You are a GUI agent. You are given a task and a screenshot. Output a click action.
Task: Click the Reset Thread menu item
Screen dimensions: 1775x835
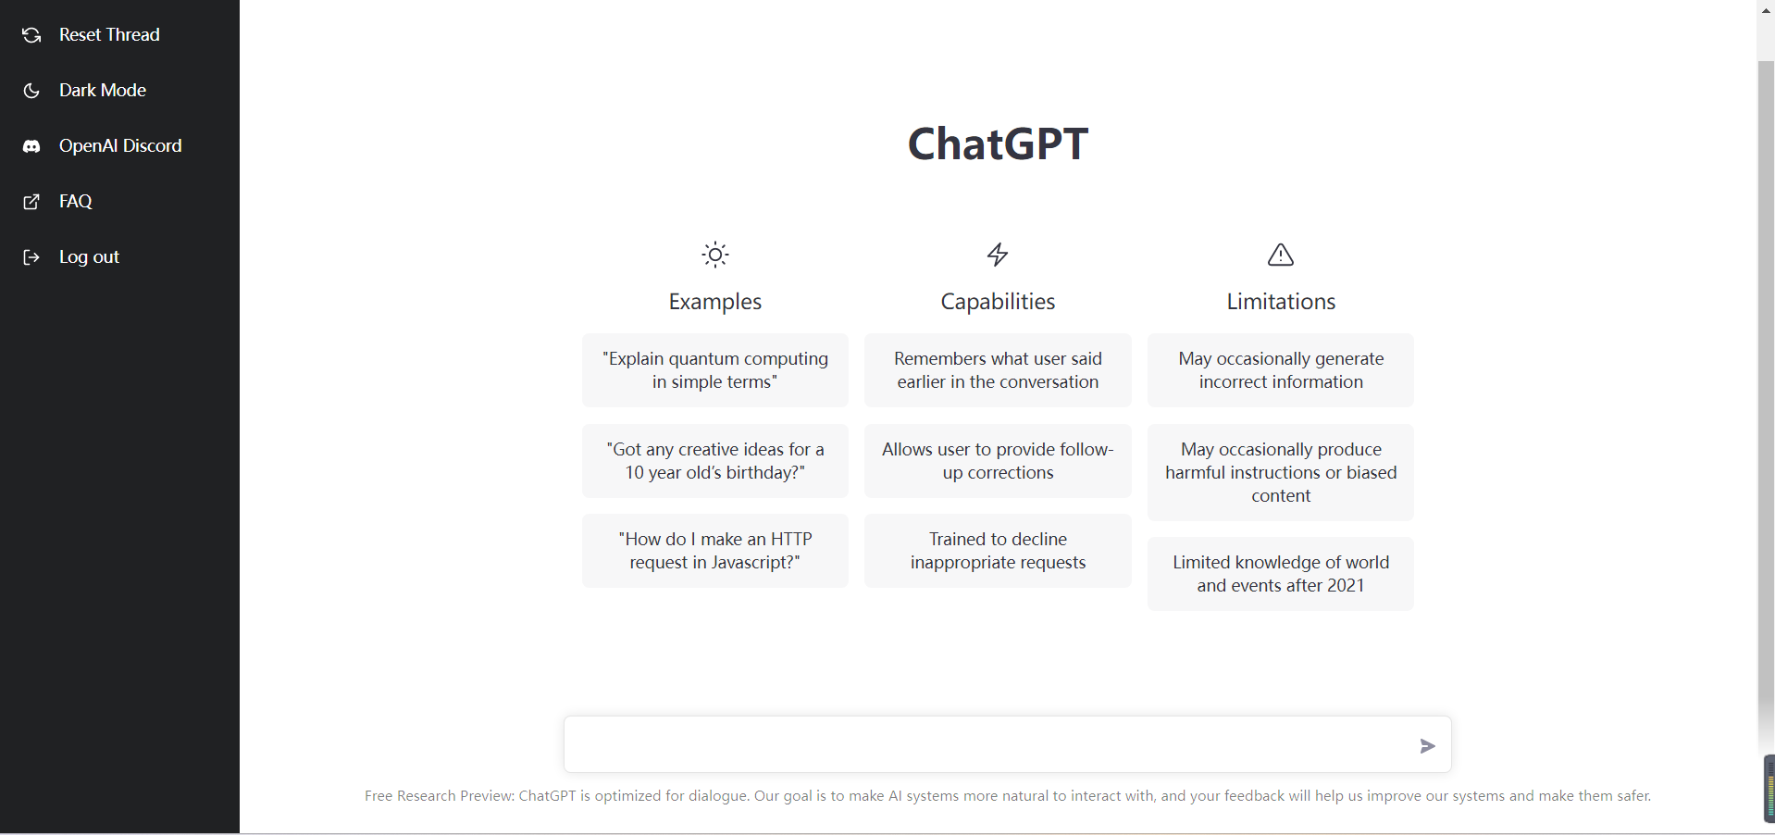point(91,35)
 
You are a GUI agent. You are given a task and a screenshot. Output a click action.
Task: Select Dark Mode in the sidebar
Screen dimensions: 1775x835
point(84,91)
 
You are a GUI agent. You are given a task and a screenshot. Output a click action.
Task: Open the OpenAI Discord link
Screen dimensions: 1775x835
point(102,146)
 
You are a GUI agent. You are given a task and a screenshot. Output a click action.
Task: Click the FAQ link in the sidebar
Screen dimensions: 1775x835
point(57,202)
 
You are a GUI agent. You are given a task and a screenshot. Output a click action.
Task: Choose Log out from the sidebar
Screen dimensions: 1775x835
point(71,257)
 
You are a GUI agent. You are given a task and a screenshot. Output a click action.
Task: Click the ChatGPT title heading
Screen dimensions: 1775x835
point(998,144)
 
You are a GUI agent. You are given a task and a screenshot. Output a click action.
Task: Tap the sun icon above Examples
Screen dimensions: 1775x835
point(715,255)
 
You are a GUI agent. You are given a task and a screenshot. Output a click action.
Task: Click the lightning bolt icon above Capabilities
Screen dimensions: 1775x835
point(998,255)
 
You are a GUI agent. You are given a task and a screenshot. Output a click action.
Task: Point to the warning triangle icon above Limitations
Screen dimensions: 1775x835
point(1281,255)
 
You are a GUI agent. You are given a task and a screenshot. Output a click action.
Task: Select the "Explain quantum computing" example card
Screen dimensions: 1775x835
point(715,370)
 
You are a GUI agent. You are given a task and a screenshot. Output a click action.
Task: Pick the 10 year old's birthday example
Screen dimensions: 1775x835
point(715,461)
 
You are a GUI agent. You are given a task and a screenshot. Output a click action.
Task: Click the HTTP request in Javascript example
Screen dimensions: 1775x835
point(715,551)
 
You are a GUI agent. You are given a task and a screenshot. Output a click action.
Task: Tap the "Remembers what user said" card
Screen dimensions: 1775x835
point(998,370)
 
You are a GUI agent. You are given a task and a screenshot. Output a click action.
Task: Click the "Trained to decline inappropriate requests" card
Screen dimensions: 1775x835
point(998,551)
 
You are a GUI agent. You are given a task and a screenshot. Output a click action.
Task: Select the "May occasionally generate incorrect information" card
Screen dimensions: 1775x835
point(1281,370)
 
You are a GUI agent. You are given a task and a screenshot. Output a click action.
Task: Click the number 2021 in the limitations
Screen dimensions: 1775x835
point(1346,586)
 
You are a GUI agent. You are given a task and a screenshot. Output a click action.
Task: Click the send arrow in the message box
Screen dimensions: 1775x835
point(1428,746)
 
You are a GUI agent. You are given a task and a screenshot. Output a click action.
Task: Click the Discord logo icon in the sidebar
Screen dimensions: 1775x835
point(31,146)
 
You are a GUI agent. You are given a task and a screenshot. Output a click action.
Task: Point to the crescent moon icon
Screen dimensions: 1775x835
point(31,91)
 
